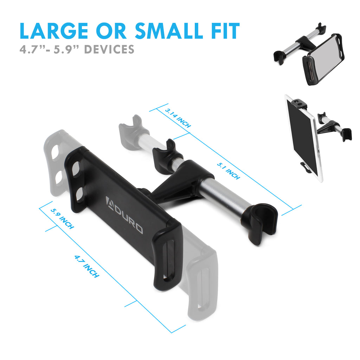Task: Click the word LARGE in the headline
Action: tap(54, 31)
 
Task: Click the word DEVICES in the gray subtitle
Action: tap(109, 49)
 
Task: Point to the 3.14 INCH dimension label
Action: tap(178, 118)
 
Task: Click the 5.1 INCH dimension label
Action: tap(229, 171)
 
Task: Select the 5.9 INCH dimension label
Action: tap(62, 219)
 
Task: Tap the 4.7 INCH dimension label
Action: tap(87, 266)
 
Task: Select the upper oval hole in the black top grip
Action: tap(76, 169)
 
